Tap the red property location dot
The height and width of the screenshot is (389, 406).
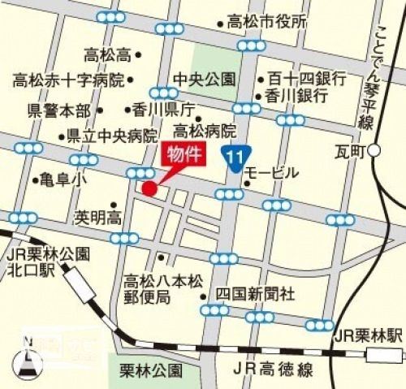pyautogui.click(x=149, y=188)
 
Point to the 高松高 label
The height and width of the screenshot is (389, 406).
pyautogui.click(x=107, y=56)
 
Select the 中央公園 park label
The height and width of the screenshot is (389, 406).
pyautogui.click(x=205, y=80)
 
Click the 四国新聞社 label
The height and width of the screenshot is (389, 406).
pyautogui.click(x=255, y=294)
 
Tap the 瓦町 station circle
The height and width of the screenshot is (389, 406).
pyautogui.click(x=374, y=150)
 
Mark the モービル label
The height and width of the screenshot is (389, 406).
pyautogui.click(x=272, y=173)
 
